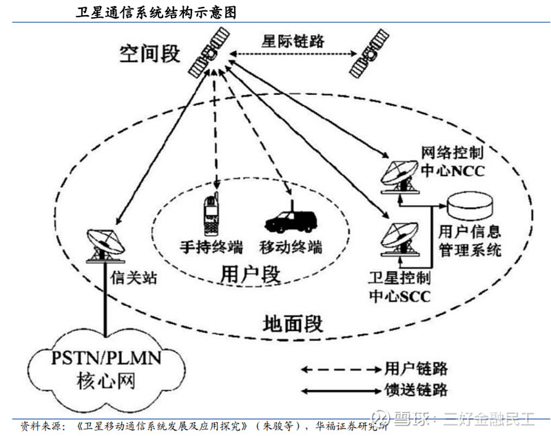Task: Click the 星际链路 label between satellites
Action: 292,41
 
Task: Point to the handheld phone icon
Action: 213,214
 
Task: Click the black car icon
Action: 290,220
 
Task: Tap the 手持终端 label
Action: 208,246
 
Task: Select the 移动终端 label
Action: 290,246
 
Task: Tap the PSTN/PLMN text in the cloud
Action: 105,359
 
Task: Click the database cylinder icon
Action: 471,204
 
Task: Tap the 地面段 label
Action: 293,322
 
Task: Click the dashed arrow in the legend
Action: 338,369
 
